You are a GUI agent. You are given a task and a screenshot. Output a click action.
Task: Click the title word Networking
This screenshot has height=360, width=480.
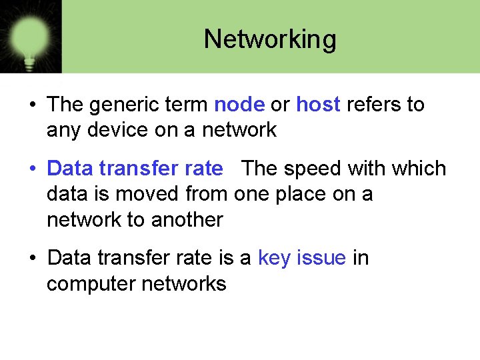270,39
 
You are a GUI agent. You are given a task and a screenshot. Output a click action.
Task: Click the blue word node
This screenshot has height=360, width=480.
239,105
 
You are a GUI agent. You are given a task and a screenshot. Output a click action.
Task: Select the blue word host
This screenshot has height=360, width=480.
318,105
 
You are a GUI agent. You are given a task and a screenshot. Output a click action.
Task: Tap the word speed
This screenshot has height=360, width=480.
317,169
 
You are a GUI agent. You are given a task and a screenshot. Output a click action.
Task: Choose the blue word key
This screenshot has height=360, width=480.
277,258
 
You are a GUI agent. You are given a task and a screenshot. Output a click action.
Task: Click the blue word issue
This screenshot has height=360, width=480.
323,258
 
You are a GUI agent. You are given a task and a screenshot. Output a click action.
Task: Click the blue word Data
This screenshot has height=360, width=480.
70,169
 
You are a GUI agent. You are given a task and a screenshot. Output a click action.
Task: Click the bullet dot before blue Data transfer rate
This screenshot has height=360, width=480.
32,169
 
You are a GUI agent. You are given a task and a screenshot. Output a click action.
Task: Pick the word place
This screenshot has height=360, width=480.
317,194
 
